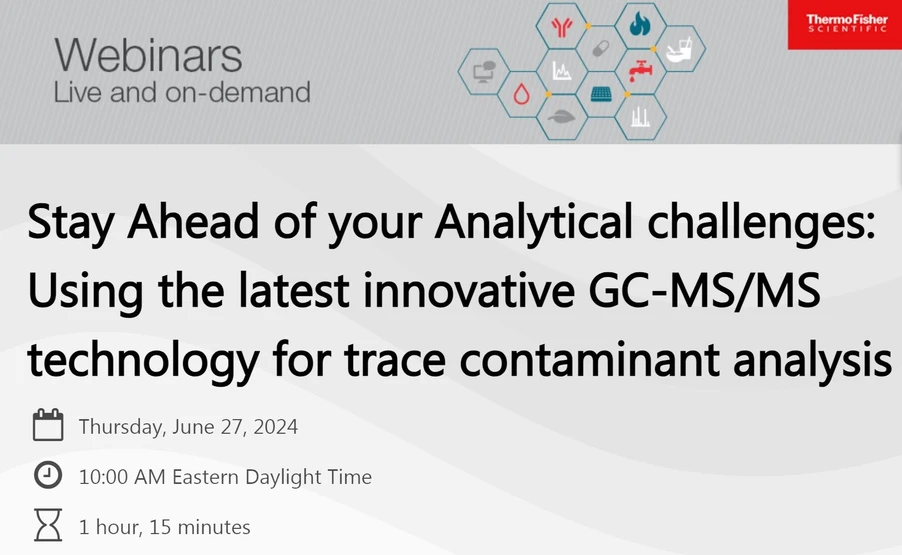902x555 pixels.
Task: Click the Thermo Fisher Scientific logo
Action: click(x=846, y=24)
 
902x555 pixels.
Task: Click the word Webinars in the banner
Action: click(x=148, y=54)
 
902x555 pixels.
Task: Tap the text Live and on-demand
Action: click(x=181, y=93)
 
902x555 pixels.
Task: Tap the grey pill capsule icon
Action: click(x=600, y=48)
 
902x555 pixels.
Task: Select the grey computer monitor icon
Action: click(x=483, y=71)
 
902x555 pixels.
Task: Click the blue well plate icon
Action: click(x=600, y=95)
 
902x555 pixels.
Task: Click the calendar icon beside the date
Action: click(x=48, y=426)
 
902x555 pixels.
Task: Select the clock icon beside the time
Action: click(x=48, y=476)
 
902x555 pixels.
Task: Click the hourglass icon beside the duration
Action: click(x=48, y=526)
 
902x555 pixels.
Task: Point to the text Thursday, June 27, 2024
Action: click(x=188, y=427)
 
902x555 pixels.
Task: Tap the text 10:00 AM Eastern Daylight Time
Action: click(x=225, y=477)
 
